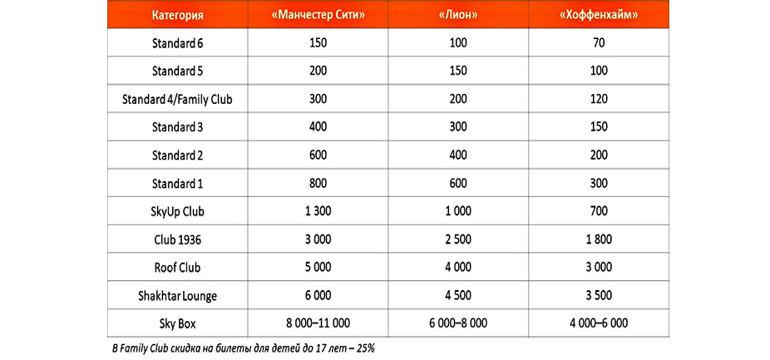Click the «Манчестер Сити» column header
(318, 15)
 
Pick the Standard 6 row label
(177, 42)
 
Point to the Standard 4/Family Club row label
(177, 99)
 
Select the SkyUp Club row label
(177, 211)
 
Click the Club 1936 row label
(177, 239)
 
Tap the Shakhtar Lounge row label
(177, 295)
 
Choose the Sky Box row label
(177, 323)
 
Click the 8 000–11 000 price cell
(317, 323)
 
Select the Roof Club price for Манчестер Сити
(317, 268)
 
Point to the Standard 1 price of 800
(317, 183)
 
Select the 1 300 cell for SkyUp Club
(317, 211)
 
